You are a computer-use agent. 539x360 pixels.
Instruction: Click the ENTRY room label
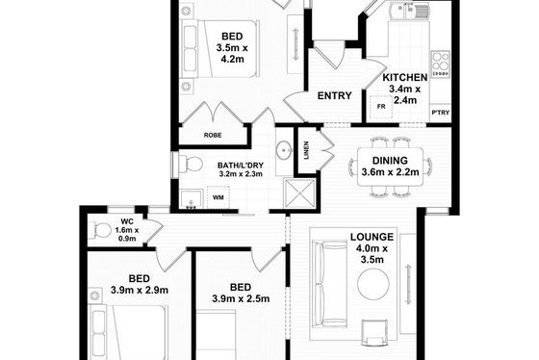coord(335,95)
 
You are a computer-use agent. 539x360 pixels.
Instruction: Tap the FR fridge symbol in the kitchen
coord(381,107)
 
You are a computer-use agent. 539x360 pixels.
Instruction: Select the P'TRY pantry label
coord(441,113)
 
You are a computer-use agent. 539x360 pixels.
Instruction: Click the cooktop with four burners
coord(441,64)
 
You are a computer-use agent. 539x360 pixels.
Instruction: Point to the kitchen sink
coord(409,11)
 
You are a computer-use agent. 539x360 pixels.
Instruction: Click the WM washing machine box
coord(218,197)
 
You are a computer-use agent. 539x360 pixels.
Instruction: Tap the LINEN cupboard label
coord(306,150)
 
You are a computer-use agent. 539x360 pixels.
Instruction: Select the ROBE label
coord(213,136)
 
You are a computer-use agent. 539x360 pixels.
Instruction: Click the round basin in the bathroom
coord(284,150)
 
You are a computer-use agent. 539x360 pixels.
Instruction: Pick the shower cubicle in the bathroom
coord(299,193)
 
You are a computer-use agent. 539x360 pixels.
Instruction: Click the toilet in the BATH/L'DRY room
coord(191,164)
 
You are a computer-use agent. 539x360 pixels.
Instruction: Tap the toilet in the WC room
coord(100,230)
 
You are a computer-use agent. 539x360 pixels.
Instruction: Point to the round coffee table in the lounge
coord(373,284)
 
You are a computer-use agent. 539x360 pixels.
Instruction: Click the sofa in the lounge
coord(329,284)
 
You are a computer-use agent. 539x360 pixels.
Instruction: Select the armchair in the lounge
coord(374,332)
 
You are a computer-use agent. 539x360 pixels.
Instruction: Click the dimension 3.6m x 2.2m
coord(390,171)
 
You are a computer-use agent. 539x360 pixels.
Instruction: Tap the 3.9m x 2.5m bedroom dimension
coord(241,298)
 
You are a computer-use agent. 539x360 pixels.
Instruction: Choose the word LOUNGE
coord(372,237)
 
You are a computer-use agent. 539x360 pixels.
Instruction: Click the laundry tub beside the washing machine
coord(191,199)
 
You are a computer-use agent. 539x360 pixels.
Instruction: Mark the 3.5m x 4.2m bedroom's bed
coord(220,48)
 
